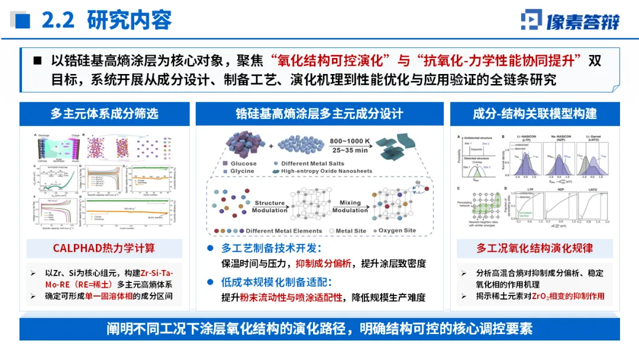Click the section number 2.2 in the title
[57, 20]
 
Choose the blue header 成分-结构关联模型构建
[535, 113]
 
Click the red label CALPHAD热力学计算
[104, 249]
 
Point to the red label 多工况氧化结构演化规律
[535, 249]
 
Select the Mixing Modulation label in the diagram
[350, 206]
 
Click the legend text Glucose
[244, 163]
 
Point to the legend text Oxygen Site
[397, 231]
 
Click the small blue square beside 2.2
[22, 21]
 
